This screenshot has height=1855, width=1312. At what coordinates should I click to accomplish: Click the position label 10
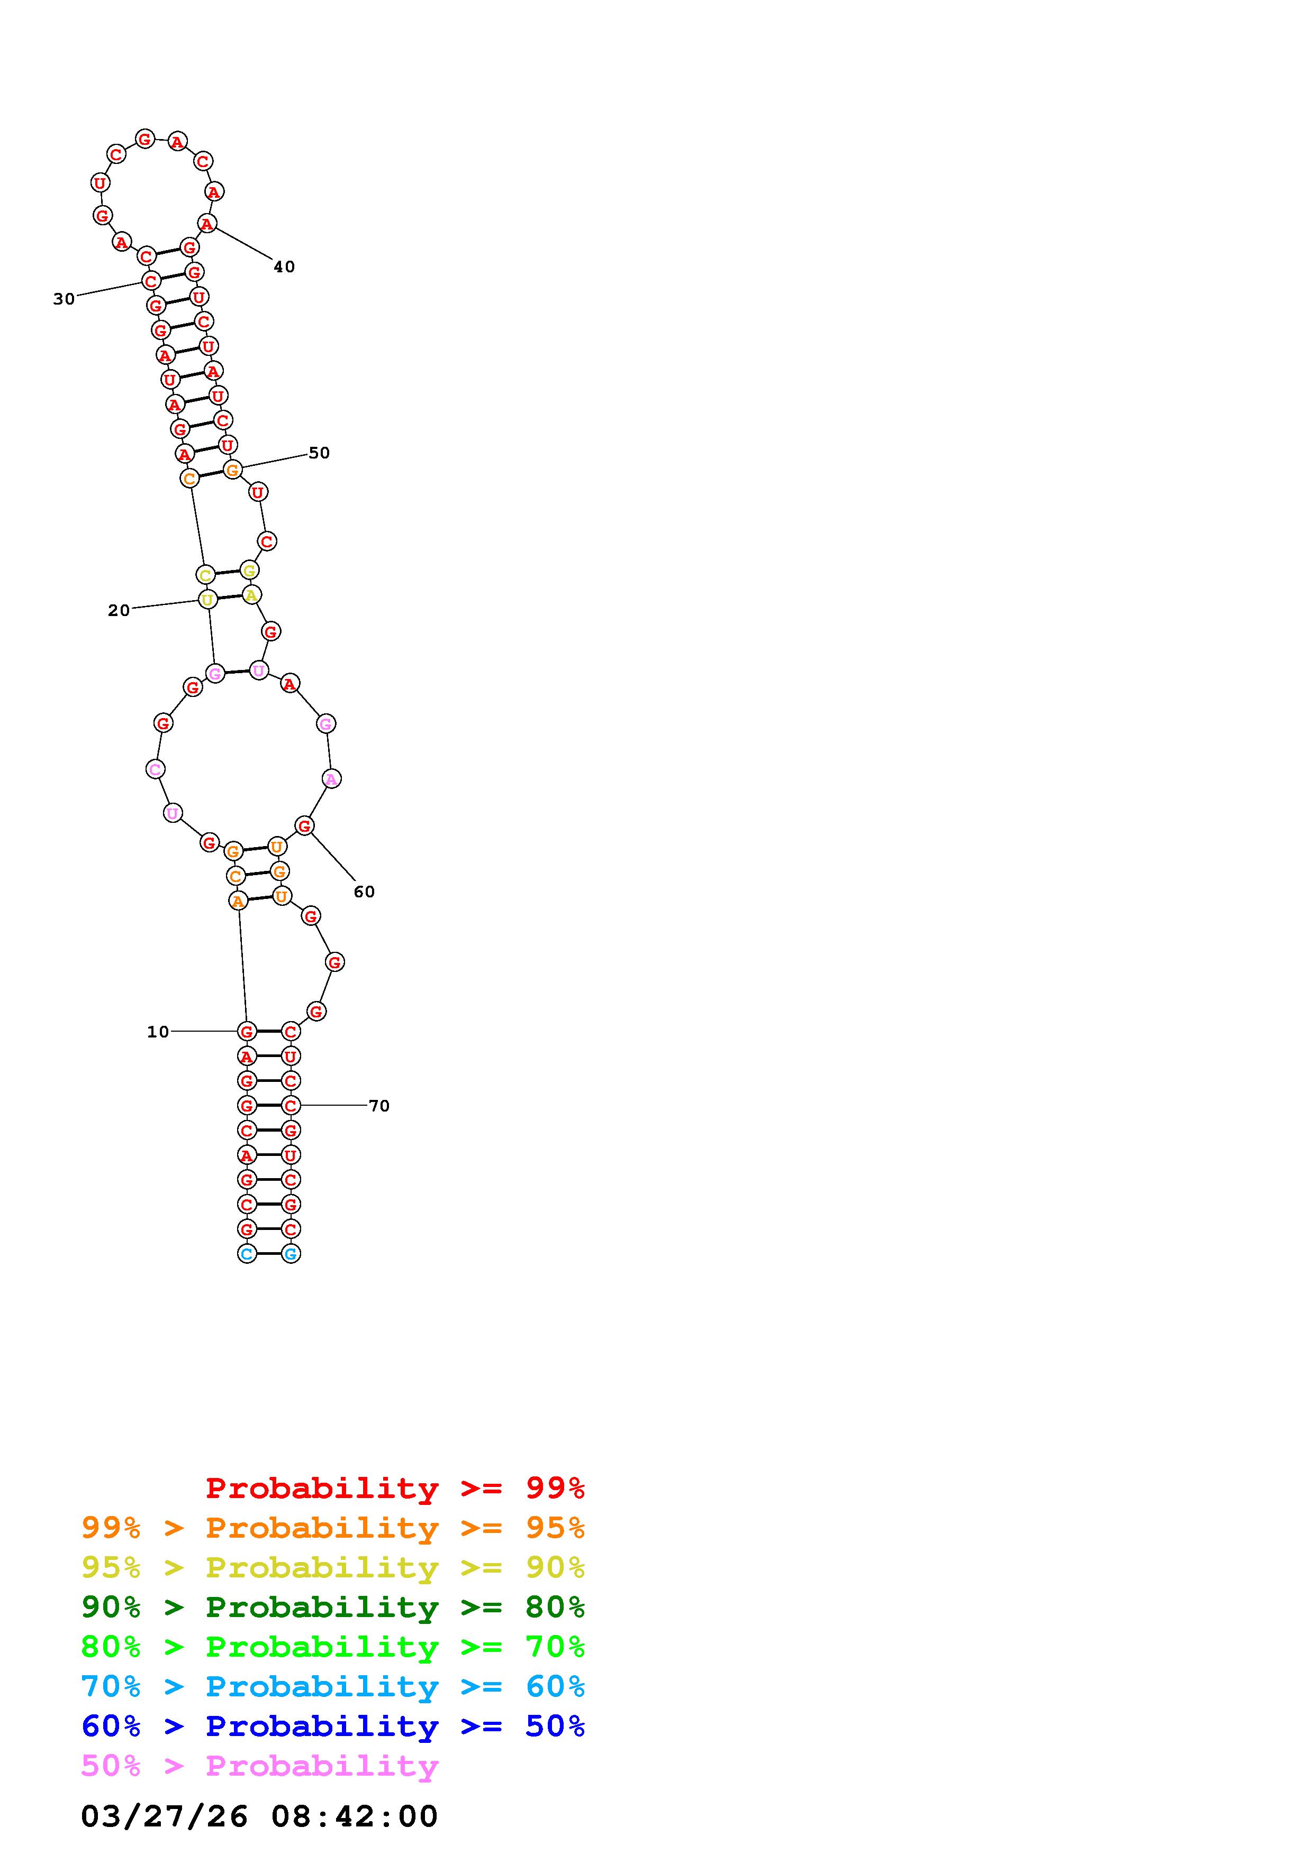coord(158,1032)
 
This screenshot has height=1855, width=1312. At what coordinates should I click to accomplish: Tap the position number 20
coord(119,611)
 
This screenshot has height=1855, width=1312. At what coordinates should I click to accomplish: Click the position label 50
coord(319,453)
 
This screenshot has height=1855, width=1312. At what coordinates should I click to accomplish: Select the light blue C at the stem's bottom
coord(247,1253)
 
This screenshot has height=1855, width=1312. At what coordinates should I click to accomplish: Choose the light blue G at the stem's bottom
coord(290,1253)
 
